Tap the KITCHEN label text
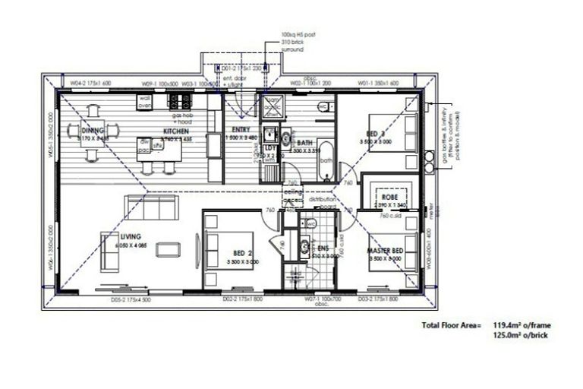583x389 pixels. [x=165, y=130]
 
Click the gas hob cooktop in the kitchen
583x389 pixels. [x=180, y=100]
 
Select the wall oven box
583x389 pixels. [x=145, y=102]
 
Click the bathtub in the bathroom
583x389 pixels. [x=326, y=160]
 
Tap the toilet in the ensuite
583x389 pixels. [x=310, y=224]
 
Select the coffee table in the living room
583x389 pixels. [x=169, y=250]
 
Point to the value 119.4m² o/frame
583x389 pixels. [x=519, y=324]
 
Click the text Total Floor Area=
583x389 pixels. [x=451, y=324]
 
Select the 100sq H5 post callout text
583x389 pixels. [x=292, y=34]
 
